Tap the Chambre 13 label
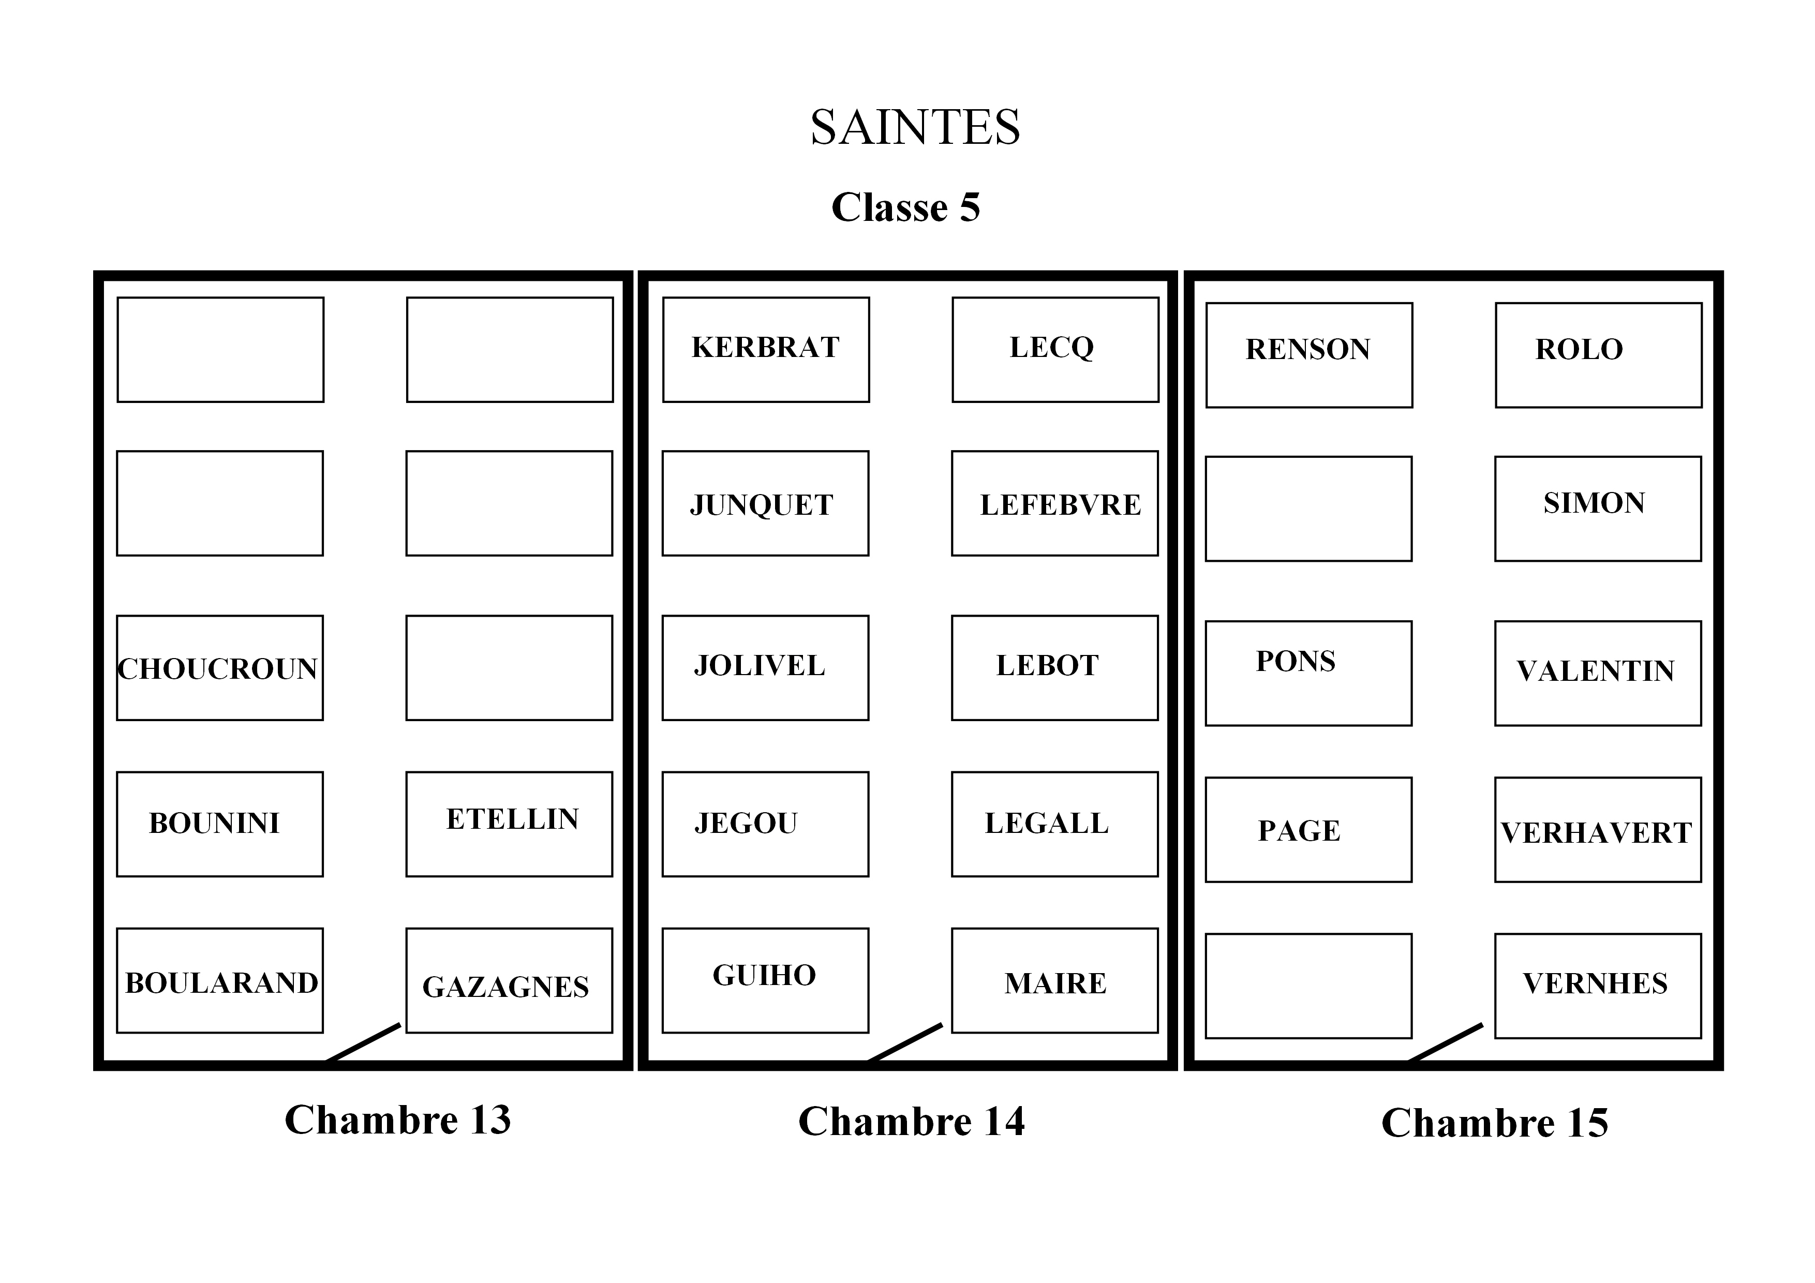click(x=398, y=1120)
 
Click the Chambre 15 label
click(x=1494, y=1123)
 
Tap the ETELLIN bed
click(x=509, y=824)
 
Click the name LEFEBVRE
click(x=1060, y=505)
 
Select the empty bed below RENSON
click(x=1308, y=509)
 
